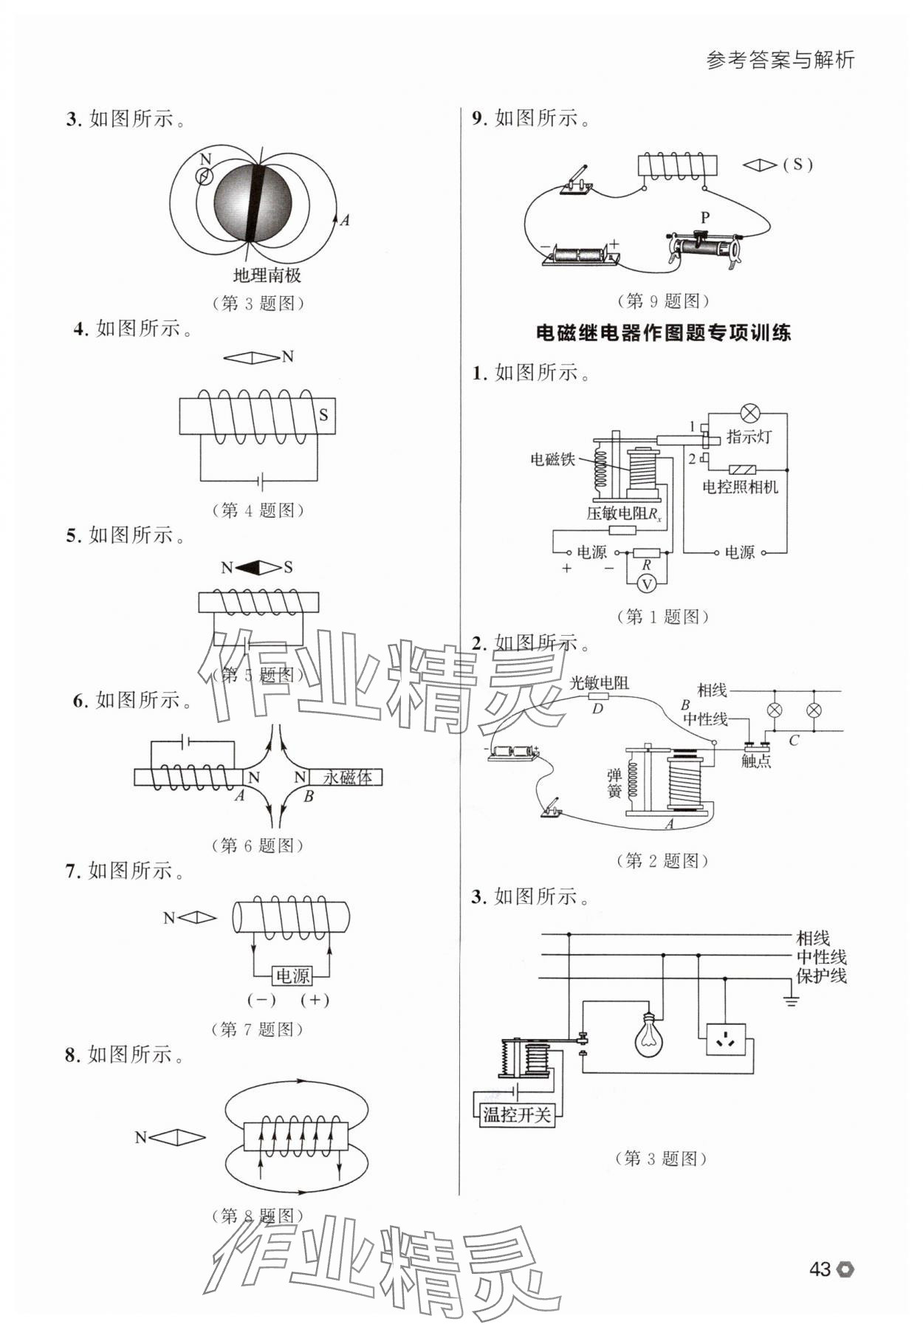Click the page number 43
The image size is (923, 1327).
pos(820,1269)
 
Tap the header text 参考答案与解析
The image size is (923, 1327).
pos(780,60)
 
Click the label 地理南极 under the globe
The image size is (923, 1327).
pos(267,275)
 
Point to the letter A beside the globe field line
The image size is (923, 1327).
pos(345,219)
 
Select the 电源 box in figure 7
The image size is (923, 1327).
pos(292,975)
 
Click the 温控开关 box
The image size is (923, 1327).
pos(516,1114)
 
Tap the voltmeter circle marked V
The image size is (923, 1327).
pos(647,584)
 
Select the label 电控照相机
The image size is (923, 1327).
pos(740,487)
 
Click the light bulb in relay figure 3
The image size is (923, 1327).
pos(648,1035)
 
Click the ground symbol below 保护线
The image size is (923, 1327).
pos(791,1002)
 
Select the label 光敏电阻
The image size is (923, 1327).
pos(599,683)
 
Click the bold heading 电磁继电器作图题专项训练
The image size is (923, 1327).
pos(663,333)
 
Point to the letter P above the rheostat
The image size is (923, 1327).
pos(705,218)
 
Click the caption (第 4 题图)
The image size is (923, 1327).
pos(258,510)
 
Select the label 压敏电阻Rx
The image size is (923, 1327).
pos(624,513)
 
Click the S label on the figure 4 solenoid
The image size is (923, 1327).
pos(323,415)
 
